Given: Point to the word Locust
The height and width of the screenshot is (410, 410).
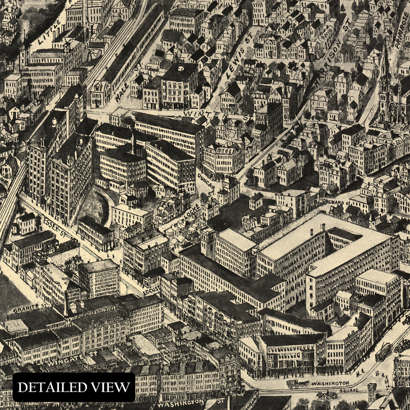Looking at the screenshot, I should (x=152, y=290).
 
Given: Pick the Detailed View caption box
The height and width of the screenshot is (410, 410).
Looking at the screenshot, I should (x=74, y=387).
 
